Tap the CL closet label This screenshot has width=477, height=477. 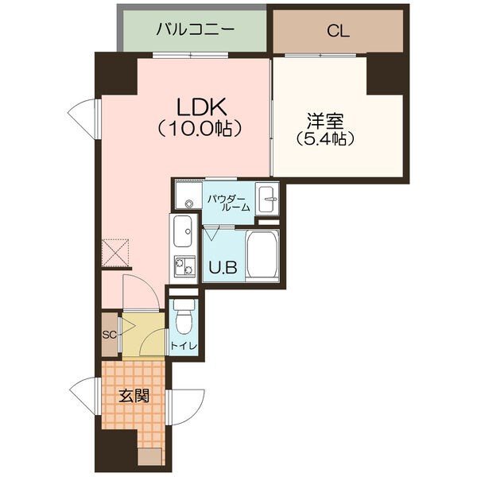point(338,32)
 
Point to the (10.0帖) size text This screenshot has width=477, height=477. point(200,126)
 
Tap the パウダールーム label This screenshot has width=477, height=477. point(230,201)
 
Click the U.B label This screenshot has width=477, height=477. point(222,267)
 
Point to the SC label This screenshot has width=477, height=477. point(109,334)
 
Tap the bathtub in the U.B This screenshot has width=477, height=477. point(262,254)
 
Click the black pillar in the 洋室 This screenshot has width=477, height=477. point(387,75)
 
